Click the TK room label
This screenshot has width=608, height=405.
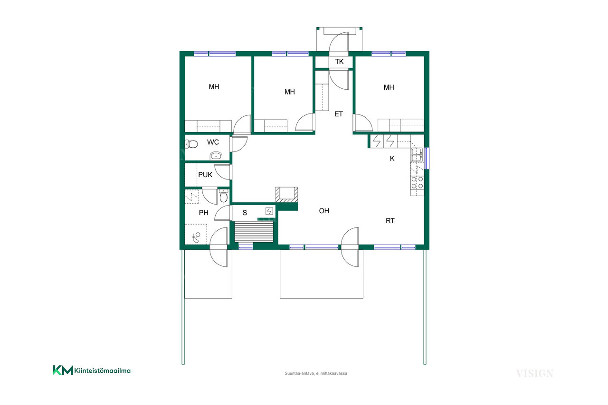pyautogui.click(x=339, y=62)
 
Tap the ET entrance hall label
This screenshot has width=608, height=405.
pyautogui.click(x=339, y=114)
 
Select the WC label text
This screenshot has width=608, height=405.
pyautogui.click(x=213, y=142)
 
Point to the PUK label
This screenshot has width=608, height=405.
pyautogui.click(x=205, y=175)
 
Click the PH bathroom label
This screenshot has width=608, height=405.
pyautogui.click(x=204, y=213)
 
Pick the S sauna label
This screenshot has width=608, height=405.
pyautogui.click(x=245, y=213)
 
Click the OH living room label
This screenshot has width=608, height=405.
pyautogui.click(x=324, y=211)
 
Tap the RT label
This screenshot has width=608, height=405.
pyautogui.click(x=390, y=221)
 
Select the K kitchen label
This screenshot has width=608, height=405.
pyautogui.click(x=392, y=159)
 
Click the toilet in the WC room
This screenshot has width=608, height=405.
pyautogui.click(x=191, y=144)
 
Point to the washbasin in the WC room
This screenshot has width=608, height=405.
pyautogui.click(x=216, y=156)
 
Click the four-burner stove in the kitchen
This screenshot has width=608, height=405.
pyautogui.click(x=417, y=183)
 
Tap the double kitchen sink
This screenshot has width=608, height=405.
pyautogui.click(x=417, y=155)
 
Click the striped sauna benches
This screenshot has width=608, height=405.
pyautogui.click(x=254, y=231)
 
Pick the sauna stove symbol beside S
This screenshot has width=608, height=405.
pyautogui.click(x=269, y=211)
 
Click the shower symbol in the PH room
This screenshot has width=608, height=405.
pyautogui.click(x=196, y=237)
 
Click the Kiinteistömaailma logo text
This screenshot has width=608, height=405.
pyautogui.click(x=102, y=370)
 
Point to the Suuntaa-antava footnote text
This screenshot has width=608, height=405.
pyautogui.click(x=316, y=373)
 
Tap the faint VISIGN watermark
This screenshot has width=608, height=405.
pyautogui.click(x=534, y=374)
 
